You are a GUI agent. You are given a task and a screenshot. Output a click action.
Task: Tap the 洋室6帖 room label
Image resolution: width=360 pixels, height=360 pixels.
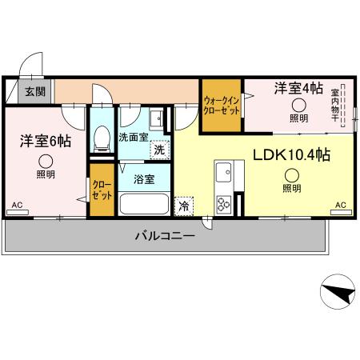(x=46, y=142)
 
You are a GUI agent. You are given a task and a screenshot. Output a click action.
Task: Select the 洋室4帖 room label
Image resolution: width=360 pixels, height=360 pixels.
(x=298, y=87)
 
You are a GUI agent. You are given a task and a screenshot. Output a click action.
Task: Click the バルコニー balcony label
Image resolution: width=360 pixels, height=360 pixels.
(x=164, y=236)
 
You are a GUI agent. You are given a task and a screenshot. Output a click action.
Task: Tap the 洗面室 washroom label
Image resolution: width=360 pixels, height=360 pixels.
(x=133, y=137)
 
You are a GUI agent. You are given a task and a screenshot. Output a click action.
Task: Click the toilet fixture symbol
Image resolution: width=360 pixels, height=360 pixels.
(x=102, y=140)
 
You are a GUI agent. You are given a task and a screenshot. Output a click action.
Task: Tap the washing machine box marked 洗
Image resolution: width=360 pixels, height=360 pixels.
(x=160, y=150)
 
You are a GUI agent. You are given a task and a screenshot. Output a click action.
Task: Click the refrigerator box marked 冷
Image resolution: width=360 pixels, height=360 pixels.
(x=183, y=205)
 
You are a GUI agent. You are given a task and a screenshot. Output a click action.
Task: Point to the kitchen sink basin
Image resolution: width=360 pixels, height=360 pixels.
(x=223, y=171)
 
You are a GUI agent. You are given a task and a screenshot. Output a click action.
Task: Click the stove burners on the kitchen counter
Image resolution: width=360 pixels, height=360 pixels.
(x=223, y=203)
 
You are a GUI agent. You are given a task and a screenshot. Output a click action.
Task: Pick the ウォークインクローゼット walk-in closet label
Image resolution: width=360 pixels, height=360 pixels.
(x=221, y=105)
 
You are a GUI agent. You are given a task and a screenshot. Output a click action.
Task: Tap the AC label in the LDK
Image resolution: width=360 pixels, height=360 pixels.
(x=340, y=205)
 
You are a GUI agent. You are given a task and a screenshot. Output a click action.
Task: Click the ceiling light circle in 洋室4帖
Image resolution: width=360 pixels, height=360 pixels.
(x=298, y=105)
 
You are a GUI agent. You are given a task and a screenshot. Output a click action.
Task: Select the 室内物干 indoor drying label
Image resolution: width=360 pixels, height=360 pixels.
(x=336, y=103)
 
